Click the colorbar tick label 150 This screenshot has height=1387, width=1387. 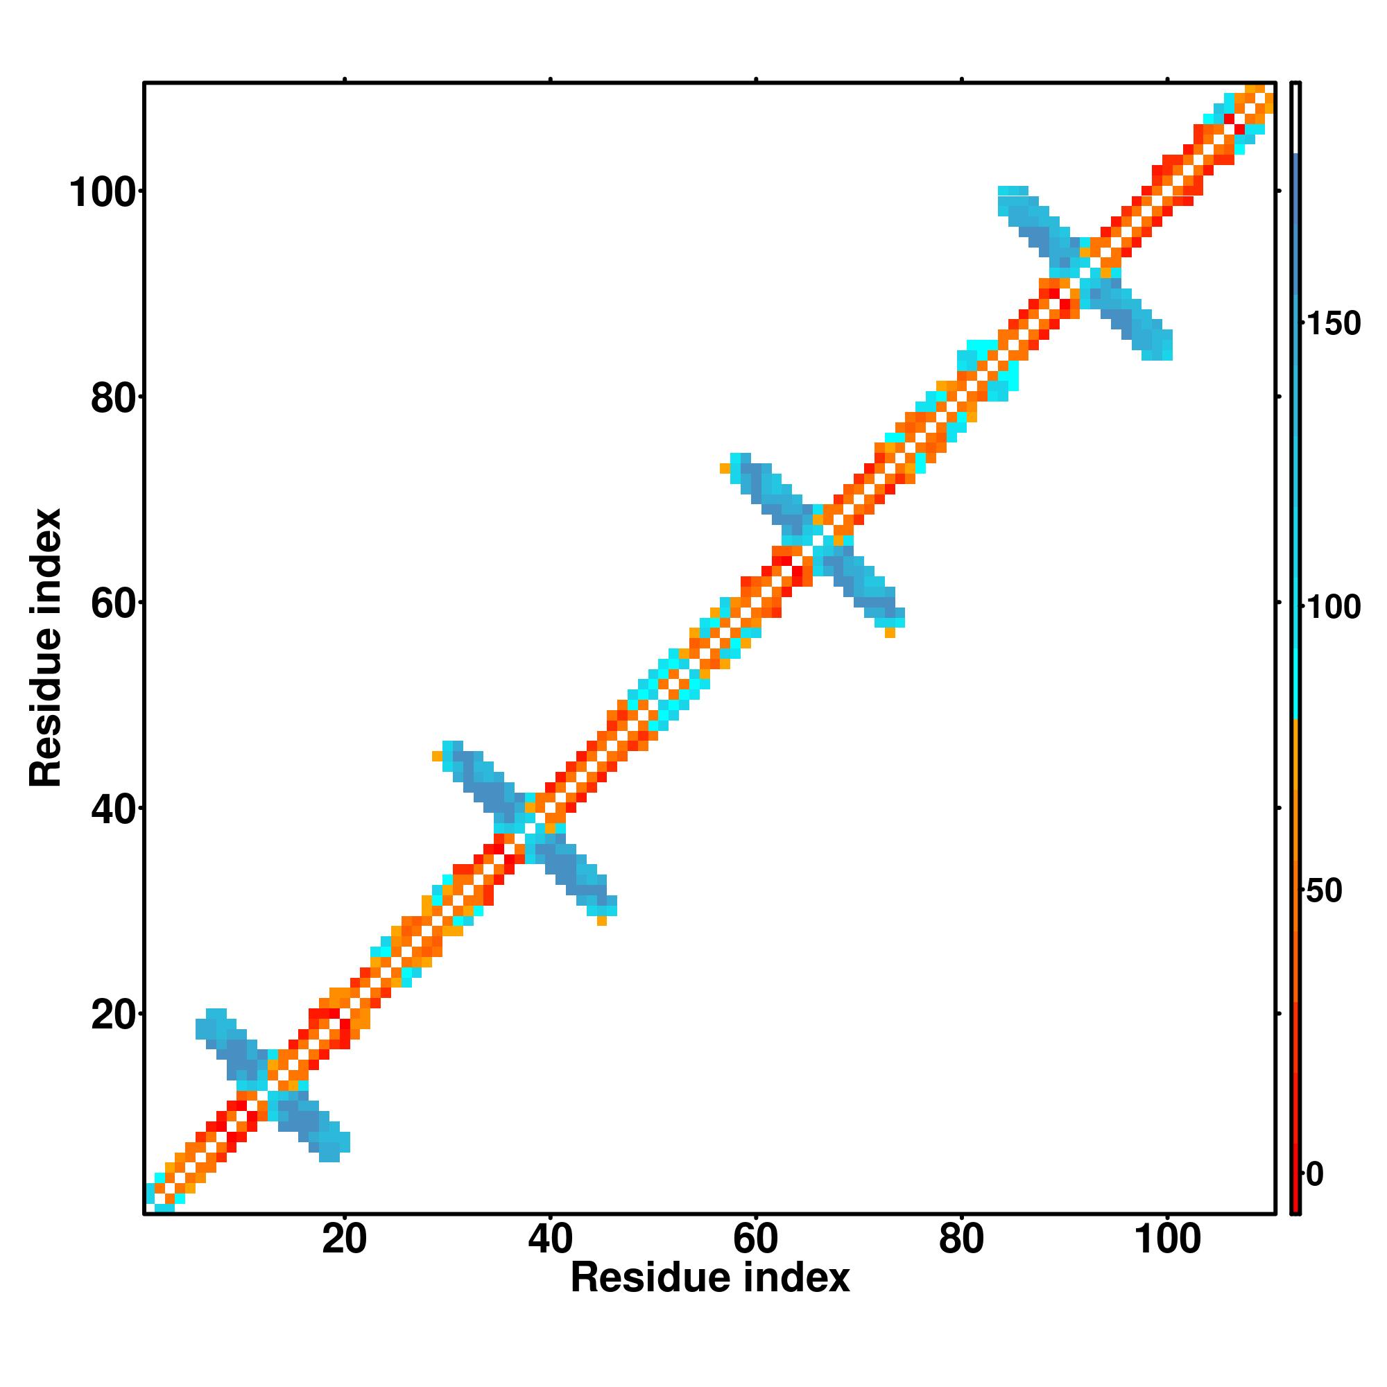(x=1333, y=325)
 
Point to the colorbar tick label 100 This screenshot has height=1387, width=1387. (x=1333, y=608)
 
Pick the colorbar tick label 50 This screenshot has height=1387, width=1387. (x=1325, y=891)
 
